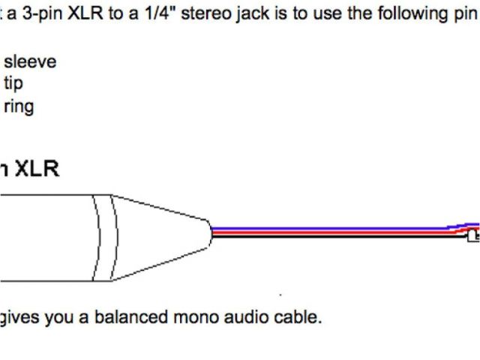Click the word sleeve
click(x=30, y=62)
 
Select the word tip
click(x=13, y=83)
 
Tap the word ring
click(x=19, y=106)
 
